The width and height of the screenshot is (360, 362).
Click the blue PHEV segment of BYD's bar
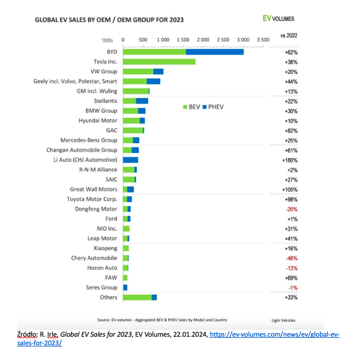click(215, 52)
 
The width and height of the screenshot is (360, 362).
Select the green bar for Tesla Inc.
click(159, 61)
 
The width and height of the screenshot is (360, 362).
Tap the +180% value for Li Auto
click(290, 160)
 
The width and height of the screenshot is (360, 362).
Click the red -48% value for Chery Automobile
click(291, 258)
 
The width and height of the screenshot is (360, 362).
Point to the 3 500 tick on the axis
click(262, 40)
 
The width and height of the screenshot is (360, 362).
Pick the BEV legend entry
click(191, 107)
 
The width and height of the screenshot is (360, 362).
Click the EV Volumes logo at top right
click(278, 18)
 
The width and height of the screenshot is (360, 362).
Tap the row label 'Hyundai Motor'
click(98, 121)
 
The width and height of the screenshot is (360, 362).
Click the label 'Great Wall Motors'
click(93, 189)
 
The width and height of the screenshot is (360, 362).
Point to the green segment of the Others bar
click(137, 297)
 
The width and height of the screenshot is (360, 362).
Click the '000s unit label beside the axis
click(107, 41)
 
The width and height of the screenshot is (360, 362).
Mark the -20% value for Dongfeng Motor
click(291, 209)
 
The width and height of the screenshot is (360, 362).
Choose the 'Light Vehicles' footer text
click(284, 320)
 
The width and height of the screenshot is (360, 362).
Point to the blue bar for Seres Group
click(125, 287)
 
